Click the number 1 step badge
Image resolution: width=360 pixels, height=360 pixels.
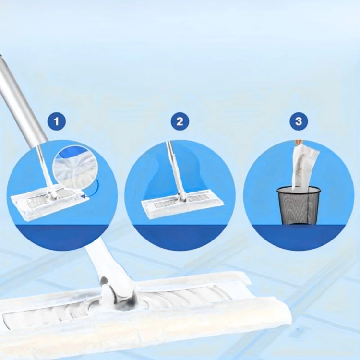pos(57,121)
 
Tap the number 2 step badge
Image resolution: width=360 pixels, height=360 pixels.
pos(180,121)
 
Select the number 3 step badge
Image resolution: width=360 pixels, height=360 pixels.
pos(299,121)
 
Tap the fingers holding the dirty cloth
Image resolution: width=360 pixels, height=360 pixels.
pos(298,142)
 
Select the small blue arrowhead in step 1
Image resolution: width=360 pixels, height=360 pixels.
pos(83,196)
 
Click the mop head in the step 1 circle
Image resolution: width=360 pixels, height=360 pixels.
pos(50,204)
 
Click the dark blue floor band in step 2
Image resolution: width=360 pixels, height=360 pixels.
pos(180,237)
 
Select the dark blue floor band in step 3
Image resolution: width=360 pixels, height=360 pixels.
pos(299,237)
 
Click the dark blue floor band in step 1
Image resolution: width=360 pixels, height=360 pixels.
pos(62,237)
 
